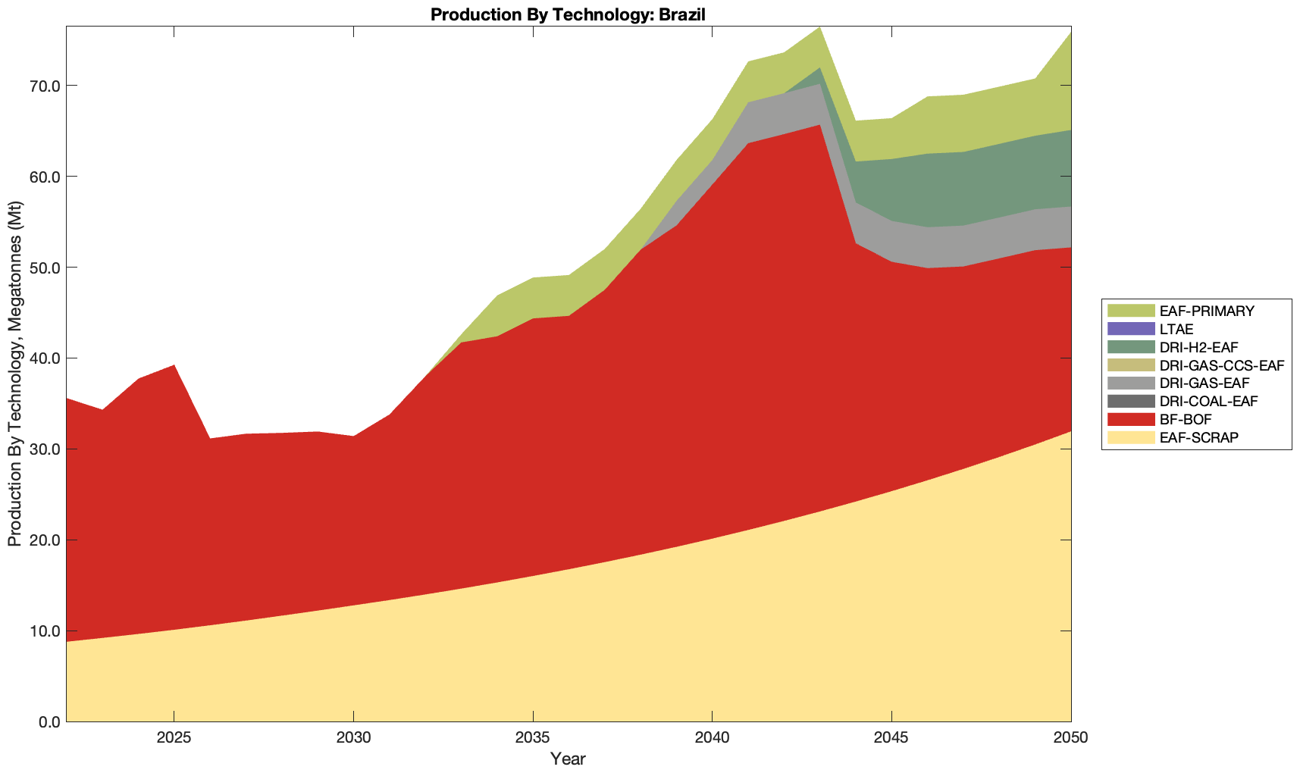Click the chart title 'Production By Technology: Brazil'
pyautogui.click(x=568, y=14)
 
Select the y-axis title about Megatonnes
pyautogui.click(x=14, y=374)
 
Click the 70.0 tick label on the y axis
pyautogui.click(x=44, y=86)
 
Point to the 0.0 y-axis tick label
pyautogui.click(x=48, y=722)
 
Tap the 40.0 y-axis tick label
pyautogui.click(x=44, y=358)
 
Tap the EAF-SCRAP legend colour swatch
pyautogui.click(x=1130, y=437)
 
